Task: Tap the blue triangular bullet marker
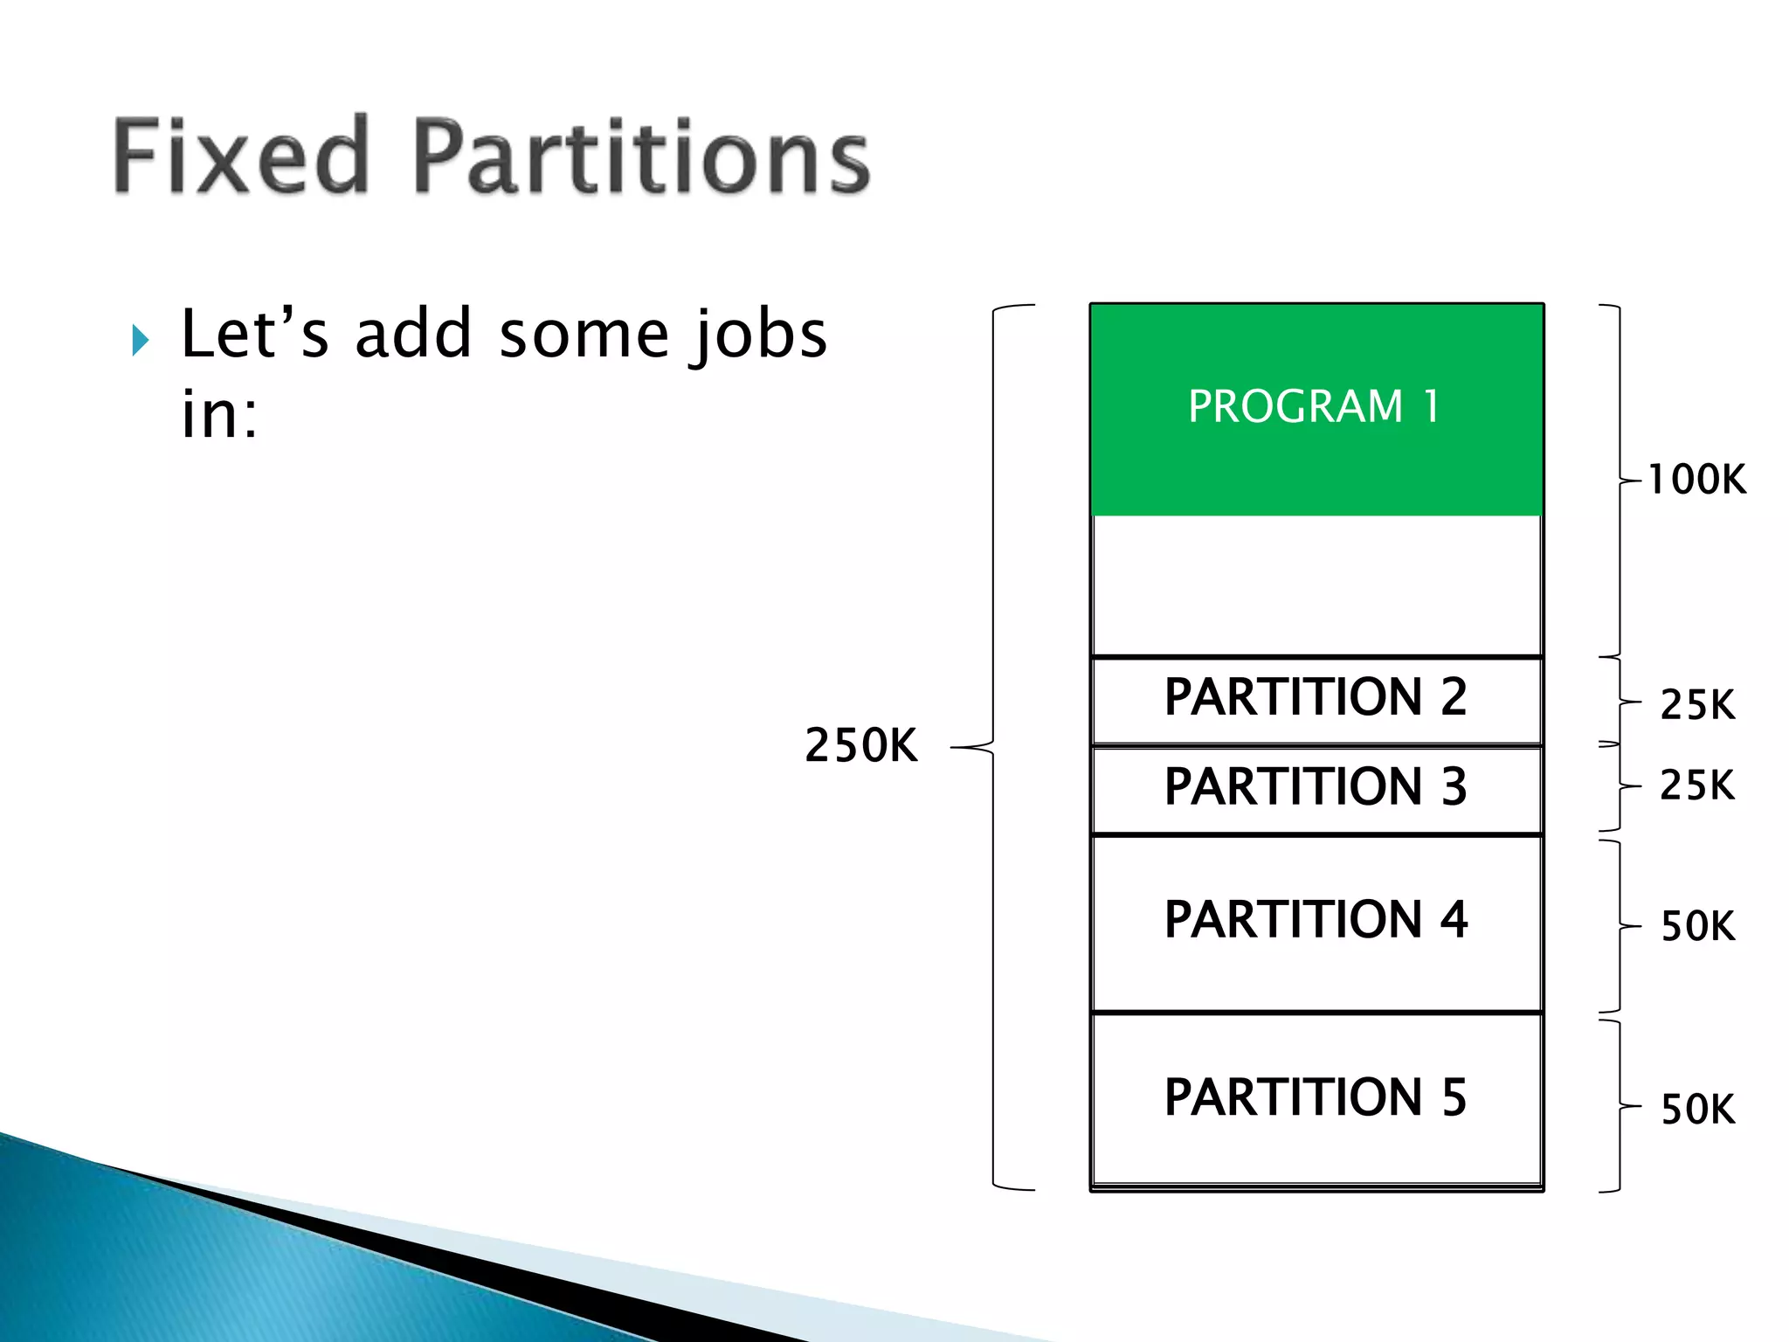click(140, 340)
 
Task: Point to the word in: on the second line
click(219, 414)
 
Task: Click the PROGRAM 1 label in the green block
click(1315, 407)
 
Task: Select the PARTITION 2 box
click(1316, 699)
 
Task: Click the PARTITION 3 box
click(1316, 788)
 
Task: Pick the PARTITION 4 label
click(1316, 920)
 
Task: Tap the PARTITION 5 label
click(1316, 1097)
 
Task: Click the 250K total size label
click(861, 746)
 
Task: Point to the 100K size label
click(1696, 480)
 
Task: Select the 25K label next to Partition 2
click(1697, 704)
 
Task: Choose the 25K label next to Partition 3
click(1697, 785)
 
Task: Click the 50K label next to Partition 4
click(1697, 926)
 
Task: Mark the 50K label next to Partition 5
click(1697, 1110)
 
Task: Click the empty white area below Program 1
click(1316, 585)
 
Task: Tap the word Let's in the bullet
click(254, 335)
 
